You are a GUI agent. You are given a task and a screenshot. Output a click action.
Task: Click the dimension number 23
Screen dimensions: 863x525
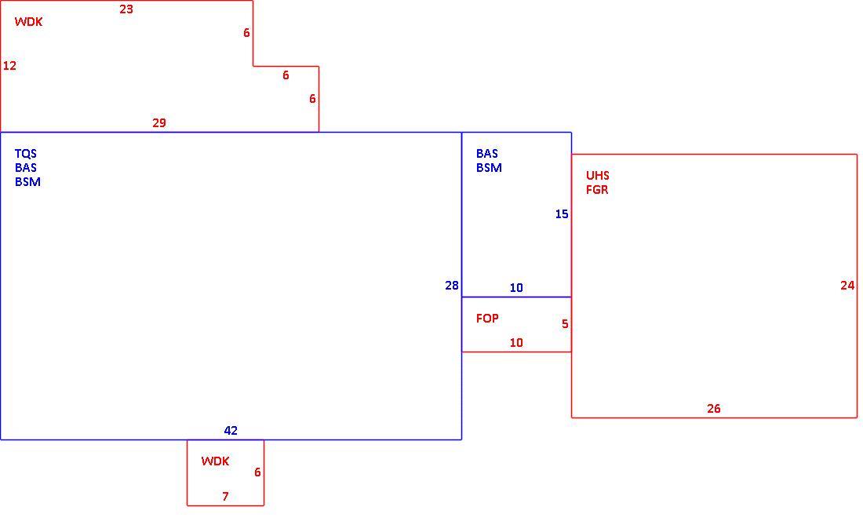click(126, 9)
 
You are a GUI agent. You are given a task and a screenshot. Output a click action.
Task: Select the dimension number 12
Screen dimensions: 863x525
click(10, 65)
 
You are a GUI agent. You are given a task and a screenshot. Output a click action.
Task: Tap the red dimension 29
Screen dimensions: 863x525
click(159, 122)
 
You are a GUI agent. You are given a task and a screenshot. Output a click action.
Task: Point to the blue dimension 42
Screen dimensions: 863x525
click(231, 430)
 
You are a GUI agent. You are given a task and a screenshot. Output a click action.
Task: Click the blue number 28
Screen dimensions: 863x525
click(452, 285)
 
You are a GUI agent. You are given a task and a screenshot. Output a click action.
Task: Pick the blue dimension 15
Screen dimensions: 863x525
click(562, 213)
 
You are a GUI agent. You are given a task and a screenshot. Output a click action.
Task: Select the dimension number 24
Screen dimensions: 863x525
click(847, 285)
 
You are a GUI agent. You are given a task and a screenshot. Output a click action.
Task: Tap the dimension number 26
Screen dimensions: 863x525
click(714, 408)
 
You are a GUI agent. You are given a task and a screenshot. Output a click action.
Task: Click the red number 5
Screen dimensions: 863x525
click(565, 323)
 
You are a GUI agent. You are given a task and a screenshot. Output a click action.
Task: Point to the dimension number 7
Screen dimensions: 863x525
click(225, 497)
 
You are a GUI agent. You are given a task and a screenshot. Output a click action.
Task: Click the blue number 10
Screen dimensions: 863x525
click(516, 287)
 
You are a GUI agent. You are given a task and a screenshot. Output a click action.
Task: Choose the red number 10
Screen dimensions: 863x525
click(516, 342)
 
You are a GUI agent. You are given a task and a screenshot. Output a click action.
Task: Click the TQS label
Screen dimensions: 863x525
click(26, 154)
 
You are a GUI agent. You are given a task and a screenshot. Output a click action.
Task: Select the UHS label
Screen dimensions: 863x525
click(597, 176)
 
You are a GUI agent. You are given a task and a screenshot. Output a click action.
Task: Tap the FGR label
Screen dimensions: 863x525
click(597, 190)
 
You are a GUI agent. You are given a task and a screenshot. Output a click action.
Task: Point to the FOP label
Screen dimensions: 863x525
click(487, 318)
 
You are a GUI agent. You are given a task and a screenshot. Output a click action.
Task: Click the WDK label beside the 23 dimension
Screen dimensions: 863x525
click(28, 22)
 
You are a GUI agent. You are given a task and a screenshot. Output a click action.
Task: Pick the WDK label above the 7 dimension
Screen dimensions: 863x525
click(215, 461)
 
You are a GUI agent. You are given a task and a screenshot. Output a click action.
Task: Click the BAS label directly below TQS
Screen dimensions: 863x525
click(26, 168)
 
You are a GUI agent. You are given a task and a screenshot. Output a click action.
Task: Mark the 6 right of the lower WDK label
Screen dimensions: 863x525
click(257, 472)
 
